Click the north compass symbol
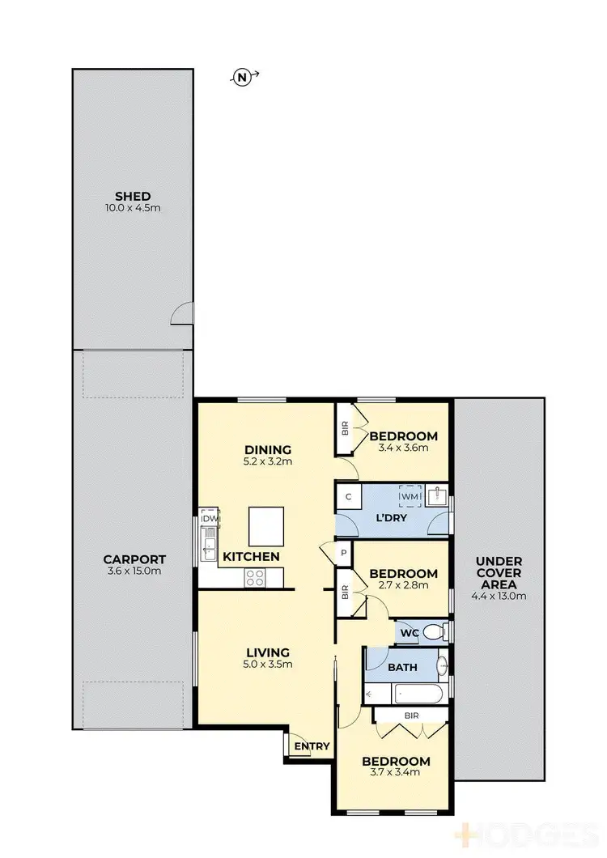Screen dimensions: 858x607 [x=241, y=78]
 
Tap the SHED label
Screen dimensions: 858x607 [x=133, y=196]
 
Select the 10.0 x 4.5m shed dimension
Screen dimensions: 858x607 [x=133, y=208]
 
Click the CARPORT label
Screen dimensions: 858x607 [x=134, y=559]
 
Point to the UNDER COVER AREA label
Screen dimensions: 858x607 [x=499, y=572]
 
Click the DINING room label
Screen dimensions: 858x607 [x=267, y=450]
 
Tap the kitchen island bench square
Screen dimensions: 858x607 [x=266, y=527]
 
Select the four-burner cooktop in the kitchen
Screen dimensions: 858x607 [x=255, y=577]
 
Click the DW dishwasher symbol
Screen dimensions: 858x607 [x=210, y=519]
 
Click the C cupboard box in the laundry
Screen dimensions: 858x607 [x=348, y=497]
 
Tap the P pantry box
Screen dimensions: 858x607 [x=343, y=553]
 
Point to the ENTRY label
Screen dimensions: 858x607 [x=312, y=746]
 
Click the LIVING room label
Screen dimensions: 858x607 [x=268, y=652]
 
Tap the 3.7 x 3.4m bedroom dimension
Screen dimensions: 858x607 [x=396, y=774]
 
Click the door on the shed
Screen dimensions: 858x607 [x=184, y=314]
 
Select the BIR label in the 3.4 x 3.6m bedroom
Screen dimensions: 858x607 [x=345, y=430]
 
